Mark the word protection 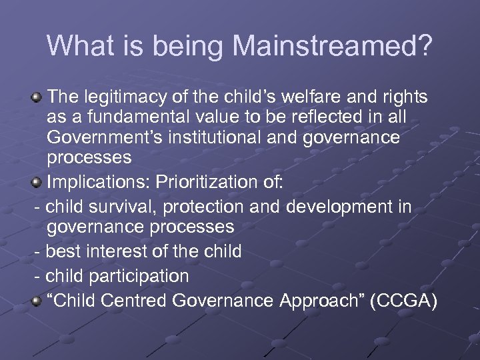207,206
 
